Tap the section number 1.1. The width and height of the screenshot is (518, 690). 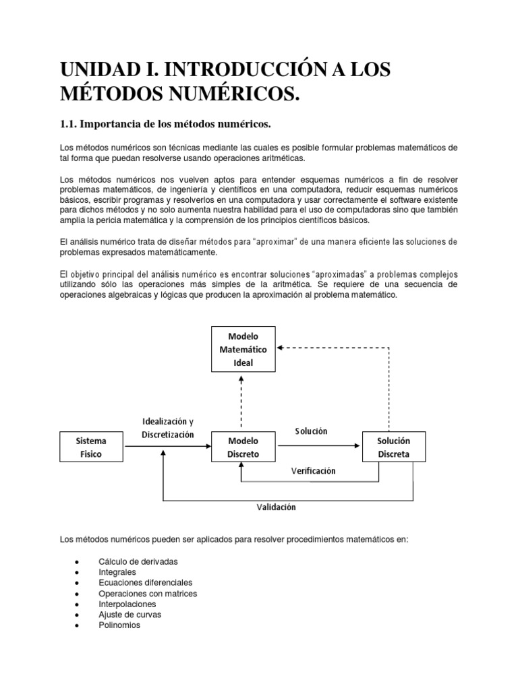73,124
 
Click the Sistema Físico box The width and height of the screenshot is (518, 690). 91,447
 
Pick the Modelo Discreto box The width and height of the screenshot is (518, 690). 243,447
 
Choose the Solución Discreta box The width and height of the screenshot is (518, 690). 394,447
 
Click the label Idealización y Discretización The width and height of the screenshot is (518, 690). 169,428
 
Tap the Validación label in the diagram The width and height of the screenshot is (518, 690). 276,507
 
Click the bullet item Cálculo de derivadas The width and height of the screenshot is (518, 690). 138,561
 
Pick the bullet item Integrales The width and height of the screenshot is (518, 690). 117,572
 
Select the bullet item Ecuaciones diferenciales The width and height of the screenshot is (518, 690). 145,582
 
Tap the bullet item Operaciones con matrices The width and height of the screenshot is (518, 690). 147,594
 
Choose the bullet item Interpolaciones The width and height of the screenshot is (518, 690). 126,604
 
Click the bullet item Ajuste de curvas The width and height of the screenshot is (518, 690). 129,615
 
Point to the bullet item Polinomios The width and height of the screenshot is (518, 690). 119,625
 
